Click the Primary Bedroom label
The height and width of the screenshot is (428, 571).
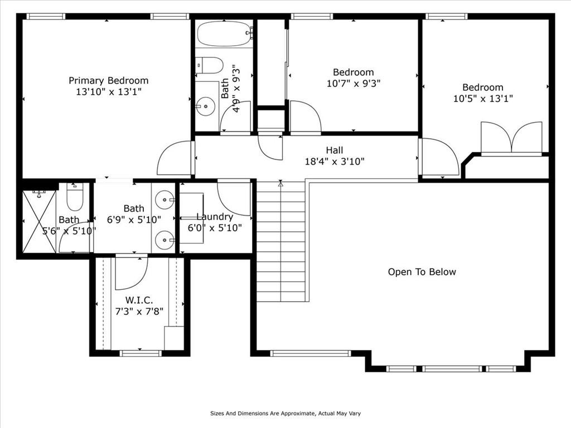tap(109, 80)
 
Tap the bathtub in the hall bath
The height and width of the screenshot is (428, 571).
tap(225, 33)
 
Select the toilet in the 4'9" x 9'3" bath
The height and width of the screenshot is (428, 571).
tap(209, 66)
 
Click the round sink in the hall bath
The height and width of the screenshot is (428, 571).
tap(206, 106)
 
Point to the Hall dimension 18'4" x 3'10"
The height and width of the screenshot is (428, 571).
tap(335, 161)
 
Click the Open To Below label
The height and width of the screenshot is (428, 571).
tap(422, 272)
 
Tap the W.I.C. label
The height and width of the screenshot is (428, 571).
tap(139, 300)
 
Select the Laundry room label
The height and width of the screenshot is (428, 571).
tap(215, 217)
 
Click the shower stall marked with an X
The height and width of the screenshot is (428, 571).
tap(39, 221)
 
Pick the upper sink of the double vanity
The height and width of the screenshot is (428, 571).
tap(164, 200)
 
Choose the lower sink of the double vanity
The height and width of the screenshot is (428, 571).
tap(164, 240)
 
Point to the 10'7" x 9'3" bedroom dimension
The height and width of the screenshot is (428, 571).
tap(353, 84)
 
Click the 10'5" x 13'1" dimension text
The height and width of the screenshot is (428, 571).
tap(483, 99)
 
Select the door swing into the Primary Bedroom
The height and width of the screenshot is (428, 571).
tap(174, 158)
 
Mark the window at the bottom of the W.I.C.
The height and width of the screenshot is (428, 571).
tap(141, 353)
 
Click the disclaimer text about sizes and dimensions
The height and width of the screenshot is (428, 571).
tap(285, 414)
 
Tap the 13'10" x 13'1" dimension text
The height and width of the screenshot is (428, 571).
tap(109, 91)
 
